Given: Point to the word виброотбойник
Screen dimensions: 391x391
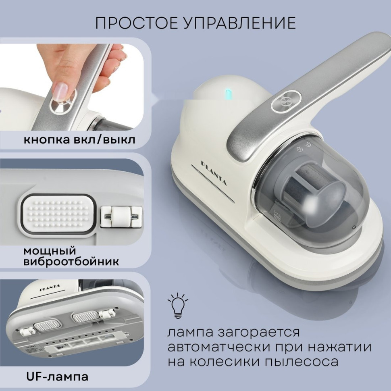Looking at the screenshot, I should [x=71, y=262].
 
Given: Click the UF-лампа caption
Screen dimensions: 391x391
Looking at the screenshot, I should [x=55, y=377].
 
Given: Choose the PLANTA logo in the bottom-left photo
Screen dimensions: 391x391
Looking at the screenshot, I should [x=50, y=287].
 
